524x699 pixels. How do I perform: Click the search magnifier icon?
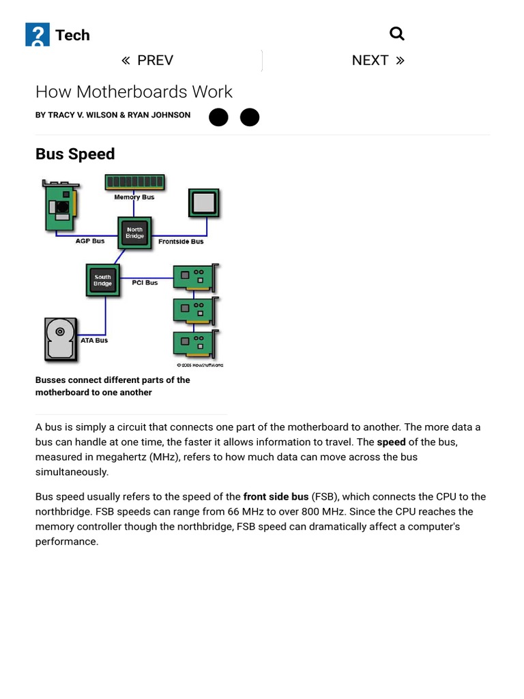click(x=396, y=33)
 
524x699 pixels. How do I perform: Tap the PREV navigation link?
click(x=147, y=60)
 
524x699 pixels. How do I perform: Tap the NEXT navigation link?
click(x=377, y=60)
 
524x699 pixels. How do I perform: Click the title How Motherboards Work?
click(x=134, y=91)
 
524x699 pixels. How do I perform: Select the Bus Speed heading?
click(x=75, y=154)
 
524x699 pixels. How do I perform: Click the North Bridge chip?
click(x=134, y=233)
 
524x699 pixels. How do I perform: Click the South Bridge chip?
click(x=102, y=281)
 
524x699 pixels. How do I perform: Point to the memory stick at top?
click(x=134, y=182)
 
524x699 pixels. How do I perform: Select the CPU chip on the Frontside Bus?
click(x=203, y=203)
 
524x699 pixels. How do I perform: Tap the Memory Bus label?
click(x=134, y=197)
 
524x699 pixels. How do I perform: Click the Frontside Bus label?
click(x=181, y=242)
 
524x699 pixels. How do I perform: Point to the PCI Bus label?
click(x=145, y=283)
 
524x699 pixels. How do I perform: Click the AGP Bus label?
click(x=90, y=241)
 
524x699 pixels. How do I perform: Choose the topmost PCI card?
click(x=195, y=279)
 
